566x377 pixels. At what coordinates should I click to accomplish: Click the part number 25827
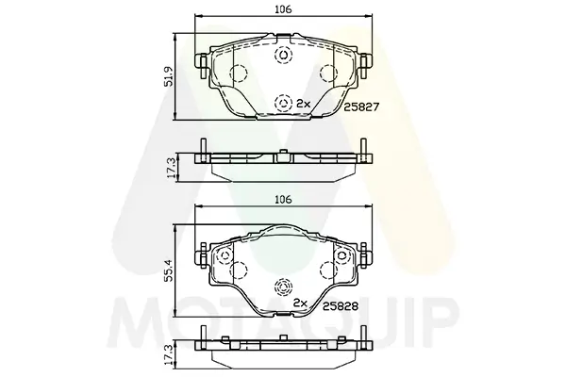pos(360,107)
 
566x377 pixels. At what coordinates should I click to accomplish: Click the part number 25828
pos(341,306)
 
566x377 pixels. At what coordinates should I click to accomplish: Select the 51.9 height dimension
pos(168,76)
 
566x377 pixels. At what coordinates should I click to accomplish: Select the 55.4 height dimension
pos(168,270)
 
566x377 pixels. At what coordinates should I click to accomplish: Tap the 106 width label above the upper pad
pos(283,9)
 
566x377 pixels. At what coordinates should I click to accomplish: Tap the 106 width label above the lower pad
pos(283,200)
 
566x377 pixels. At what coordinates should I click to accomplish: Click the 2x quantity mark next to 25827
pos(303,104)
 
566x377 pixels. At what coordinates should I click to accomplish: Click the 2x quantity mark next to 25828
pos(300,303)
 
